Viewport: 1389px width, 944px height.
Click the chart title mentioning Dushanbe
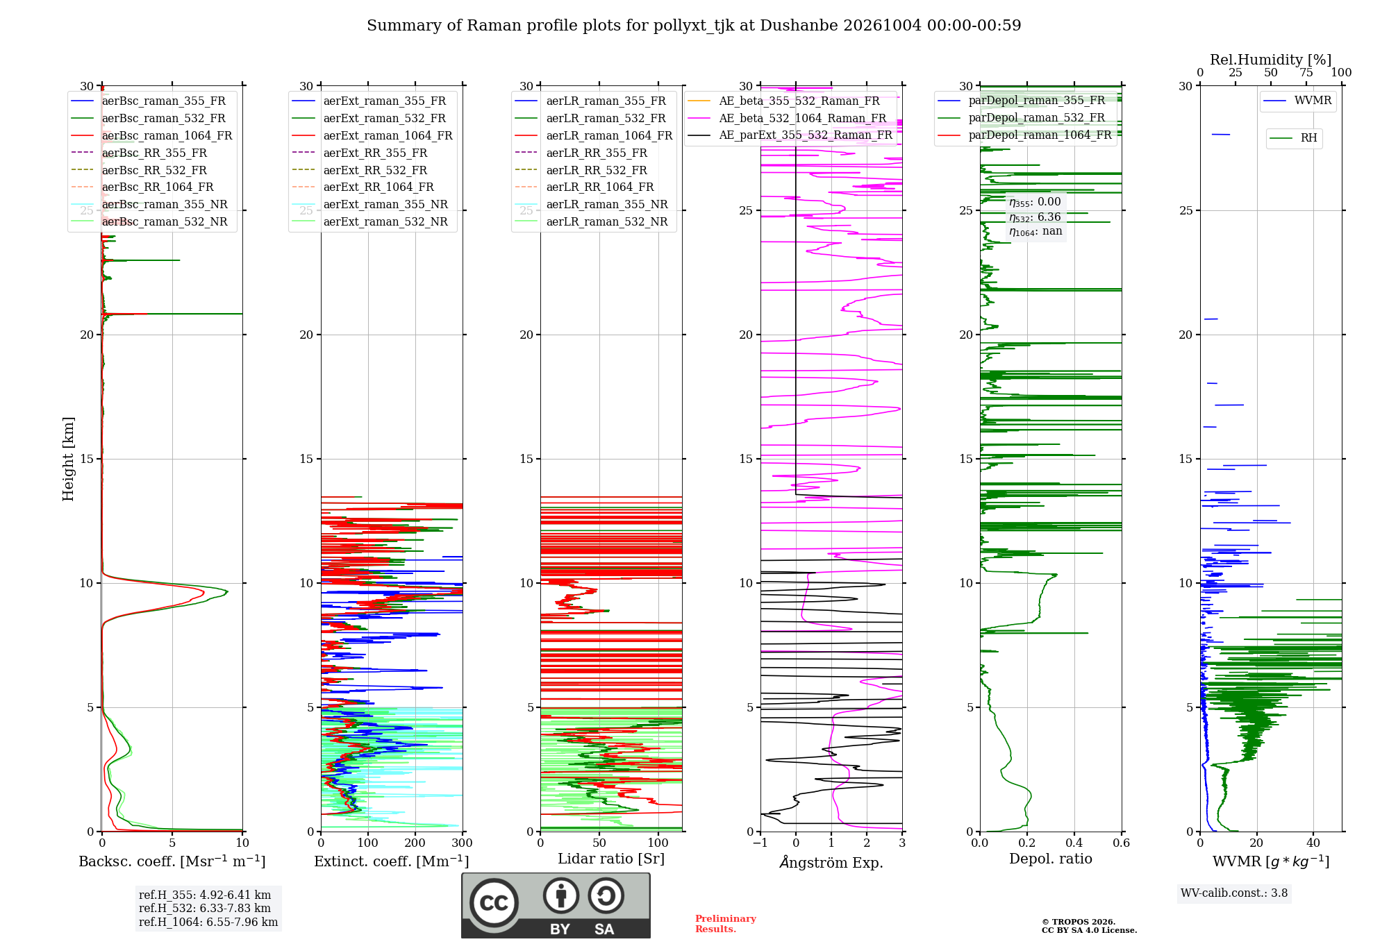click(694, 26)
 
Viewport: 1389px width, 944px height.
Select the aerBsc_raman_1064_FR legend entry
click(151, 135)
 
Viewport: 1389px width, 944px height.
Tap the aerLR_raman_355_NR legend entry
click(591, 204)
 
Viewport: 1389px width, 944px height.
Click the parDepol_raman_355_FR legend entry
click(1021, 101)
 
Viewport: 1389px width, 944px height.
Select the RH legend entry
click(1293, 138)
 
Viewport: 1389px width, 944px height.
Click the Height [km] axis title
click(68, 459)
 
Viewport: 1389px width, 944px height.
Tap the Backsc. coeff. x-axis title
click(172, 861)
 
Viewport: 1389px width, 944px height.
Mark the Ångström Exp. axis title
click(831, 862)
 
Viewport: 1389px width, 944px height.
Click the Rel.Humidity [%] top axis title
click(1271, 60)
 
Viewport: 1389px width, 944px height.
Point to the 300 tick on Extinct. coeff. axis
click(463, 843)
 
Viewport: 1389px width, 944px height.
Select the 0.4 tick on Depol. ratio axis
click(1074, 843)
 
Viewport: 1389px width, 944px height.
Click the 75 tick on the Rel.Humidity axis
click(1306, 73)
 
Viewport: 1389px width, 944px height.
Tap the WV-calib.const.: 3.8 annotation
click(1234, 893)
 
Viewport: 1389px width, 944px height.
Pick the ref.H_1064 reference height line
click(208, 922)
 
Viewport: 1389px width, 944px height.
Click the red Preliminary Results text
click(726, 924)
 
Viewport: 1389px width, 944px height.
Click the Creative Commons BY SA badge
click(556, 906)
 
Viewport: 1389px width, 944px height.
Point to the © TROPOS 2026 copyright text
click(1079, 922)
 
